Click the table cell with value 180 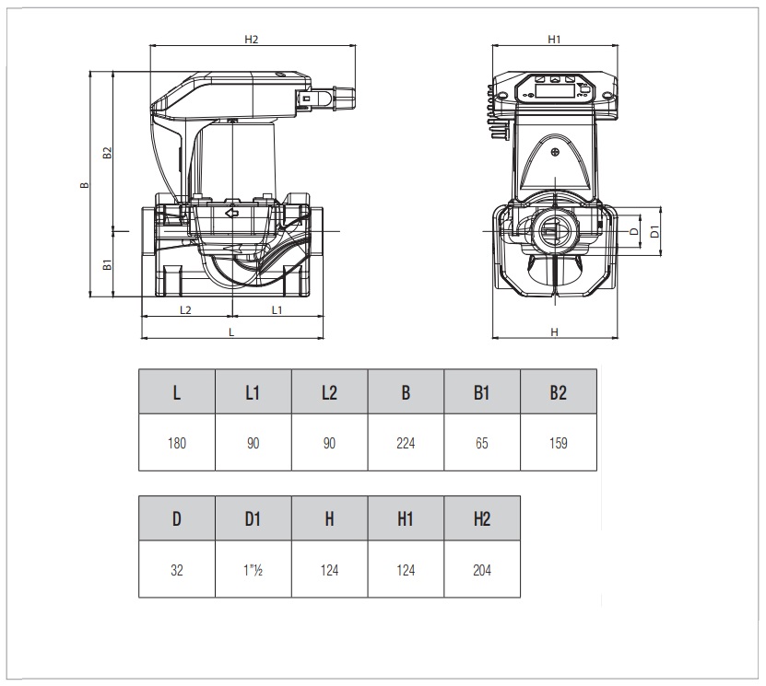coord(177,443)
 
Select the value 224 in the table coord(406,443)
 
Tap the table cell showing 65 coord(482,443)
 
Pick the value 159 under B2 coord(558,443)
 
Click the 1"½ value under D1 coord(253,570)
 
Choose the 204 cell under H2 coord(482,570)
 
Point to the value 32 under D coord(177,570)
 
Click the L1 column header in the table coord(253,393)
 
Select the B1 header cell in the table coord(482,393)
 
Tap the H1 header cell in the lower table coord(406,519)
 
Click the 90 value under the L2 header coord(329,443)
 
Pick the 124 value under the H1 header coord(406,570)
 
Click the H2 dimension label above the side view coord(252,40)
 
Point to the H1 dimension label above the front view coord(554,40)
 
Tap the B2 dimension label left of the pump coord(107,153)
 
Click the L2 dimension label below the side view coord(185,310)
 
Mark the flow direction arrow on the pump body coord(230,214)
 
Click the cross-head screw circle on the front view coord(554,153)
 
